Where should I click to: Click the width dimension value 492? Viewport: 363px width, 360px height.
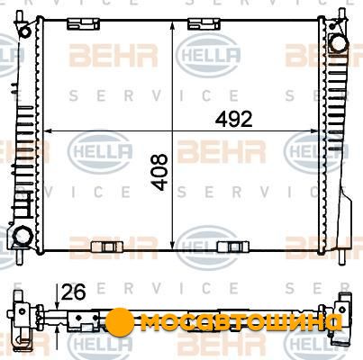pos(234,119)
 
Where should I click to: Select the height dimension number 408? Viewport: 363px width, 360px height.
pos(159,172)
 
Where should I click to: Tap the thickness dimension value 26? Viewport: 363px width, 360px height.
pos(73,292)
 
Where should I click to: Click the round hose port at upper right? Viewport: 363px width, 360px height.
pos(339,42)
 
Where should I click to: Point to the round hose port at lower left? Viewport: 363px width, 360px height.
pos(23,236)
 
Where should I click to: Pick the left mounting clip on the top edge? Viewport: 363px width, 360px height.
pos(83,24)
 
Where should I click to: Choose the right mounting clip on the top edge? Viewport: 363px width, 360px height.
pos(204,24)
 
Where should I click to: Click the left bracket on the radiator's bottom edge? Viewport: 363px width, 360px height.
pos(107,247)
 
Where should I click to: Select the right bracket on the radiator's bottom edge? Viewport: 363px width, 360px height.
pos(233,247)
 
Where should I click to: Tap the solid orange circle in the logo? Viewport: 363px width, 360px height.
pos(120,322)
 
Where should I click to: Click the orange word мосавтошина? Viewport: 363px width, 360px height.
pos(241,322)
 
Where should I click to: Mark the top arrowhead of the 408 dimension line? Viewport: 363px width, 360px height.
pos(172,25)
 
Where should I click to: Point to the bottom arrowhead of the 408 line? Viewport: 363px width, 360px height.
pos(172,246)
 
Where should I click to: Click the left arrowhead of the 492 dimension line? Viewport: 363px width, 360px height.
pos(49,131)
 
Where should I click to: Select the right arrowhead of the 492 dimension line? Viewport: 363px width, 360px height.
pos(313,131)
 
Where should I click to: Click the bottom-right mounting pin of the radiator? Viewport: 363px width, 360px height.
pos(342,257)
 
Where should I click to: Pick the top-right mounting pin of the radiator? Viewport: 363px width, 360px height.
pos(342,13)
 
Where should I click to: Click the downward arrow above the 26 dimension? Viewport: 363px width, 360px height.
pos(57,297)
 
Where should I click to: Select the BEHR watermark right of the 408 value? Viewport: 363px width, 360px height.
pos(222,151)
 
